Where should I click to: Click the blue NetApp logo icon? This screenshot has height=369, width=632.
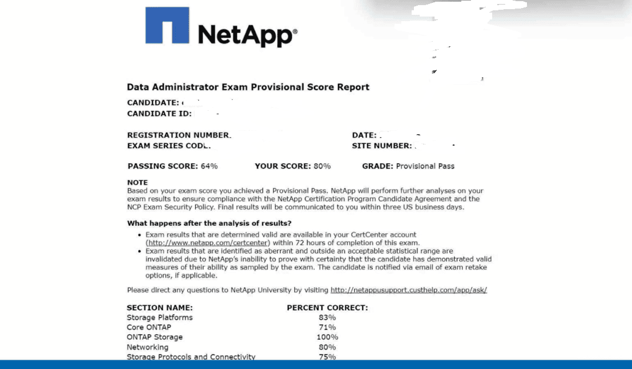pyautogui.click(x=167, y=25)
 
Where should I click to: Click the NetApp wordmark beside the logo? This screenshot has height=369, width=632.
pyautogui.click(x=247, y=35)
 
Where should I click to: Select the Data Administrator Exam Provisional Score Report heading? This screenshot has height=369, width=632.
pyautogui.click(x=248, y=87)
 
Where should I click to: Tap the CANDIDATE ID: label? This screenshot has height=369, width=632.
pyautogui.click(x=159, y=114)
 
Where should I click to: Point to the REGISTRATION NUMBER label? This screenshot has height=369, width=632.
pyautogui.click(x=179, y=135)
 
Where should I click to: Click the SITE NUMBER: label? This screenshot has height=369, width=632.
pyautogui.click(x=381, y=146)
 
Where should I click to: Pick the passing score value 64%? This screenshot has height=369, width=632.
pyautogui.click(x=209, y=166)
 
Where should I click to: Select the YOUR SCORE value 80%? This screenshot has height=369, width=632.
pyautogui.click(x=322, y=166)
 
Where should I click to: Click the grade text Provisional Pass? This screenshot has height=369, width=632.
pyautogui.click(x=425, y=166)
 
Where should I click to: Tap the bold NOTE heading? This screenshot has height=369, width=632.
pyautogui.click(x=137, y=183)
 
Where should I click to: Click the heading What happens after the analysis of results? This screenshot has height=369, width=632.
pyautogui.click(x=210, y=223)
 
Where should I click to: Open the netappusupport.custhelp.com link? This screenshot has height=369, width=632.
pyautogui.click(x=408, y=290)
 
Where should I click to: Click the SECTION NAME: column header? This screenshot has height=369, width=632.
pyautogui.click(x=159, y=308)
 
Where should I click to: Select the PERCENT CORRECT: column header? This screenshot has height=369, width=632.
pyautogui.click(x=327, y=308)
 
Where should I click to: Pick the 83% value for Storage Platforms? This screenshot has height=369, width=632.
pyautogui.click(x=327, y=318)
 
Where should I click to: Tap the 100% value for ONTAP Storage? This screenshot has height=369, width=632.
pyautogui.click(x=327, y=337)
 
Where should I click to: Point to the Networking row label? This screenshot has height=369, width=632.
pyautogui.click(x=147, y=347)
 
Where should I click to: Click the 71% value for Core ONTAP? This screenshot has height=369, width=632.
pyautogui.click(x=327, y=327)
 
